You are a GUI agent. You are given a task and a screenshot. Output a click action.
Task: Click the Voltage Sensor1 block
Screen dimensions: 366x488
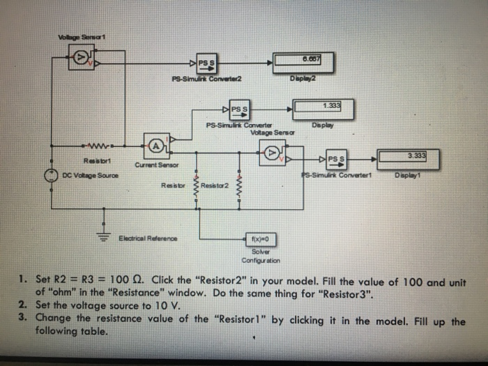(81, 61)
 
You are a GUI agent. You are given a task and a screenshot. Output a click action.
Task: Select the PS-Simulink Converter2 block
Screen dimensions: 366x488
(207, 62)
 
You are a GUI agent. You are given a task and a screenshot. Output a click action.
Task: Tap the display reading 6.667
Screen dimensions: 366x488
(305, 61)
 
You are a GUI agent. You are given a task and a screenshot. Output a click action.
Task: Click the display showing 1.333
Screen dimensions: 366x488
(322, 108)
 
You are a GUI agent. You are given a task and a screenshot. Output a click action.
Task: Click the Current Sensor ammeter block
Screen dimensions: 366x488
(158, 146)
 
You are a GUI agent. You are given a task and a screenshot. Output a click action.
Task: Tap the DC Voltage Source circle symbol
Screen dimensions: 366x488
(52, 176)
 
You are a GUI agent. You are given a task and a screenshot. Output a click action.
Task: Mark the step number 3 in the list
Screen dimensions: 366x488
(22, 317)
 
